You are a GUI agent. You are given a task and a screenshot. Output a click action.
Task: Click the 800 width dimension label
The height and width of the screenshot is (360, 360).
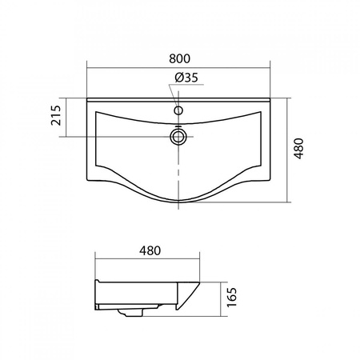click(x=179, y=58)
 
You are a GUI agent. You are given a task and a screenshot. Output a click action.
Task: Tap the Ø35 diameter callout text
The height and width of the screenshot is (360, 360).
click(x=186, y=78)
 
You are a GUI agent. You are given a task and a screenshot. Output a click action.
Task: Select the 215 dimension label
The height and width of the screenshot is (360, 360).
click(x=56, y=115)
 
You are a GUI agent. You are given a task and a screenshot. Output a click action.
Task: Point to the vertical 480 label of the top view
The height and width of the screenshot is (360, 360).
click(x=299, y=149)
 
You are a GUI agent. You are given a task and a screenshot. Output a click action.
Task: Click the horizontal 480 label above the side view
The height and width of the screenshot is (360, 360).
click(x=150, y=250)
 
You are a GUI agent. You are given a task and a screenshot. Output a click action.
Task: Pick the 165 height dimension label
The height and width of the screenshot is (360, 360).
click(x=231, y=297)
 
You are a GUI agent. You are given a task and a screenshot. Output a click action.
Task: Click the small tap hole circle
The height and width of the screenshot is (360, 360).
click(x=178, y=110)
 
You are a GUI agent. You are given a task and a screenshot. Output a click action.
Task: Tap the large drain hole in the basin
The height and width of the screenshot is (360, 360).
click(x=178, y=137)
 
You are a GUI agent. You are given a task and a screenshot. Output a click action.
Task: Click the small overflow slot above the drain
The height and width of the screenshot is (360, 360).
click(x=178, y=126)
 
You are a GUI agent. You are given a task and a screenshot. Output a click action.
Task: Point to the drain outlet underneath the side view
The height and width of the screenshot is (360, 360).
click(x=134, y=313)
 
